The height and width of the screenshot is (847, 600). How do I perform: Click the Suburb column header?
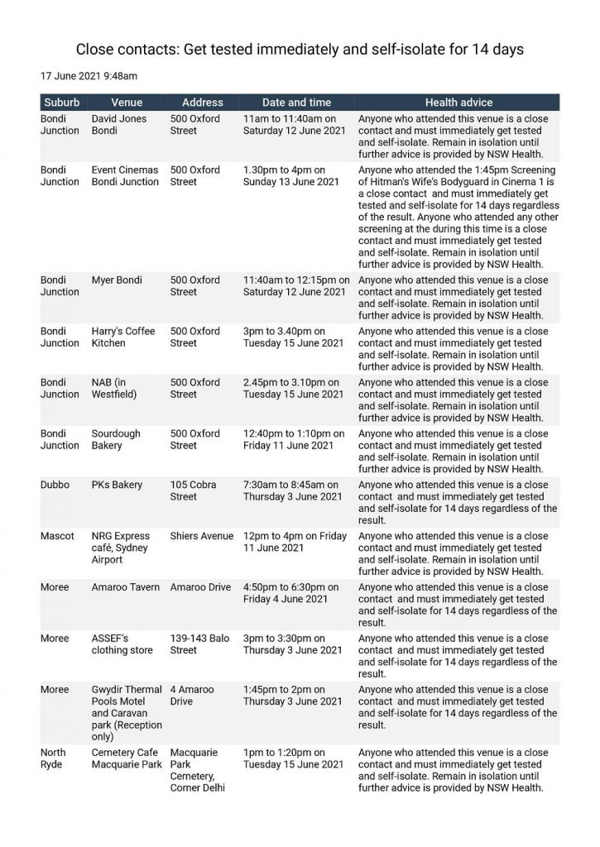tap(62, 103)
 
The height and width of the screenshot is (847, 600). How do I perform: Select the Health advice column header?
tap(458, 103)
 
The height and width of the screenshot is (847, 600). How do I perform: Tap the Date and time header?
tap(296, 103)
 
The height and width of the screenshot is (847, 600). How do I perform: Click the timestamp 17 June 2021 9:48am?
tap(89, 76)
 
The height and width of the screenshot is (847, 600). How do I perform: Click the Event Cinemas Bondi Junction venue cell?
tap(124, 176)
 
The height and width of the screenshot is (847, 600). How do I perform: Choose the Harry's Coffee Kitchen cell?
tap(122, 337)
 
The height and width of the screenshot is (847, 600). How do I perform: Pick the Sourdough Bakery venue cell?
tap(116, 440)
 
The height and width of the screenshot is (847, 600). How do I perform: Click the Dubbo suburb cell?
tap(55, 486)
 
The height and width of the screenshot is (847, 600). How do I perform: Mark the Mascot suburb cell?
tap(57, 537)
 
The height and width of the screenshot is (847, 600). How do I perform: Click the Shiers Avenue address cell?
tap(202, 537)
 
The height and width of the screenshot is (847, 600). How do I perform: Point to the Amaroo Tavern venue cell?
tap(126, 588)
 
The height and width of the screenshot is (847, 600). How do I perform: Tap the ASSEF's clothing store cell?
tap(122, 645)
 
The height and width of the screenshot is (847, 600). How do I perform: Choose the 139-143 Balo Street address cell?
tap(199, 645)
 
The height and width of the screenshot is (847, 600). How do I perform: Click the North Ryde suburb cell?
tap(54, 759)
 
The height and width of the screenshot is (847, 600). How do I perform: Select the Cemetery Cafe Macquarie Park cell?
tap(127, 759)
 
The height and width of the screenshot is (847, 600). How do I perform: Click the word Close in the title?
tap(97, 50)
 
